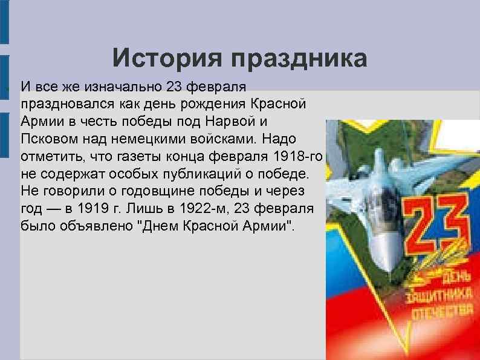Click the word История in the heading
pyautogui.click(x=166, y=58)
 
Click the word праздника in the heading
pyautogui.click(x=298, y=58)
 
